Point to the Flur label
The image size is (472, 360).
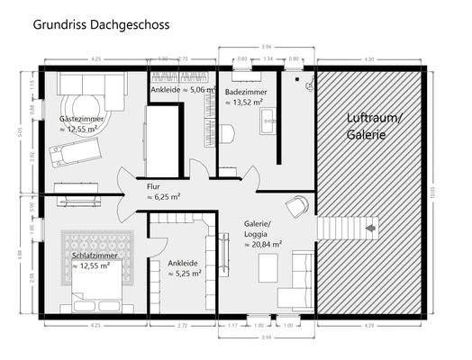click(x=153, y=185)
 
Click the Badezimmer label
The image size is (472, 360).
click(x=244, y=92)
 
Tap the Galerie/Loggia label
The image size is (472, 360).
click(x=262, y=229)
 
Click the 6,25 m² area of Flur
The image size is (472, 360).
click(x=166, y=195)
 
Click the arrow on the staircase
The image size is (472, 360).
click(x=368, y=230)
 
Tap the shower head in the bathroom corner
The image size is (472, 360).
click(x=309, y=78)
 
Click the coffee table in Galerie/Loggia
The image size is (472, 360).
click(x=268, y=265)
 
